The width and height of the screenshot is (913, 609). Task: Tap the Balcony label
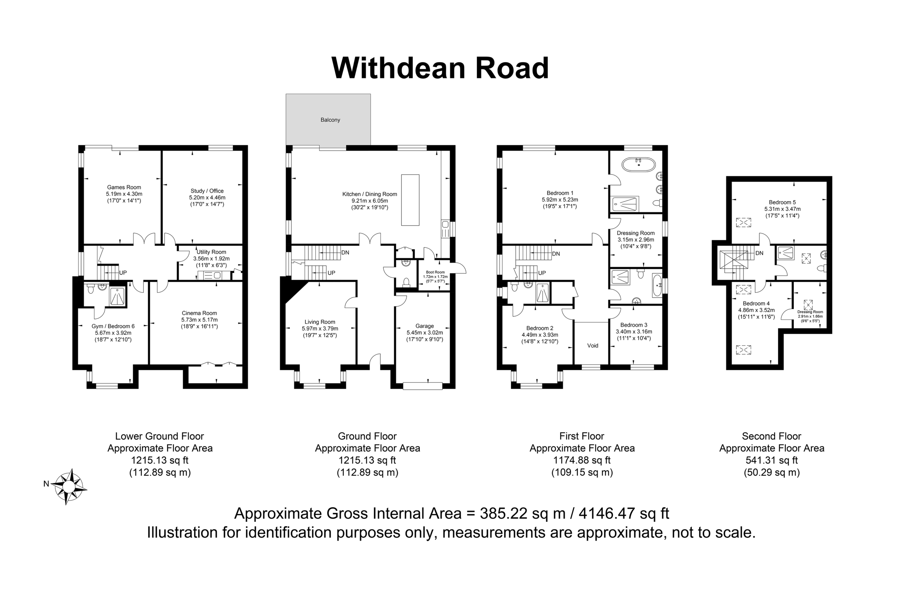(x=330, y=120)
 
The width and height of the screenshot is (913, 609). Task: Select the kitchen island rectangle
(x=410, y=200)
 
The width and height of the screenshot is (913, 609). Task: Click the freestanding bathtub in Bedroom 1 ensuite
(x=639, y=165)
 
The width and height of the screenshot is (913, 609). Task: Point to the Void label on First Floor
(x=592, y=345)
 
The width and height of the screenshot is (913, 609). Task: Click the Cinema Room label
(x=199, y=313)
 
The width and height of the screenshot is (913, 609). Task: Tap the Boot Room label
(x=435, y=272)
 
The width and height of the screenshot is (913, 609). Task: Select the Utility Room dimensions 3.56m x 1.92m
(x=211, y=259)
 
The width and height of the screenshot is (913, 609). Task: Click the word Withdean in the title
(x=398, y=68)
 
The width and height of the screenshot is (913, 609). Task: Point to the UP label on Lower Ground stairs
(x=123, y=273)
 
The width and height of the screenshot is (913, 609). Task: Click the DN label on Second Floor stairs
(x=759, y=253)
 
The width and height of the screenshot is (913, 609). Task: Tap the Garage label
(x=424, y=326)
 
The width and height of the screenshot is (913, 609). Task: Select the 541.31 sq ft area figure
(x=771, y=460)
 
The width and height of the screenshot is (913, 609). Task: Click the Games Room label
(x=124, y=187)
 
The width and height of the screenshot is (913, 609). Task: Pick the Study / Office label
(x=207, y=191)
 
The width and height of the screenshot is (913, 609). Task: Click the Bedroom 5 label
(x=782, y=202)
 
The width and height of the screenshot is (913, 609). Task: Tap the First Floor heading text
(x=582, y=436)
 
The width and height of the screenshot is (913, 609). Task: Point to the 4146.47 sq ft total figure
(x=624, y=513)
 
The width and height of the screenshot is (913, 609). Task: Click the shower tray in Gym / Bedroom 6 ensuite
(x=117, y=296)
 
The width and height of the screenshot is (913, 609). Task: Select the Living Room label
(x=320, y=322)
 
